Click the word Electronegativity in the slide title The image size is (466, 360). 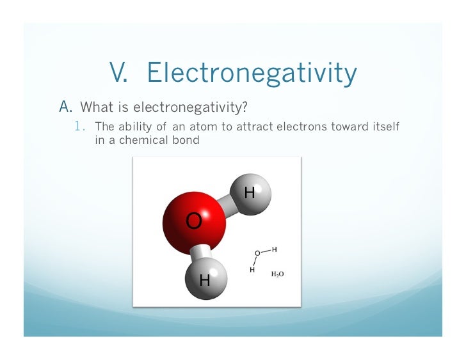click(x=252, y=74)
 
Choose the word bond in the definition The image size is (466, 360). click(x=186, y=140)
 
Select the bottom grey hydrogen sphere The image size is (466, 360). click(x=205, y=279)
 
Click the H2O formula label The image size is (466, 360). click(x=278, y=274)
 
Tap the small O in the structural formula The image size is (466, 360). click(x=257, y=253)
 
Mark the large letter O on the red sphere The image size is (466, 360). click(x=193, y=221)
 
